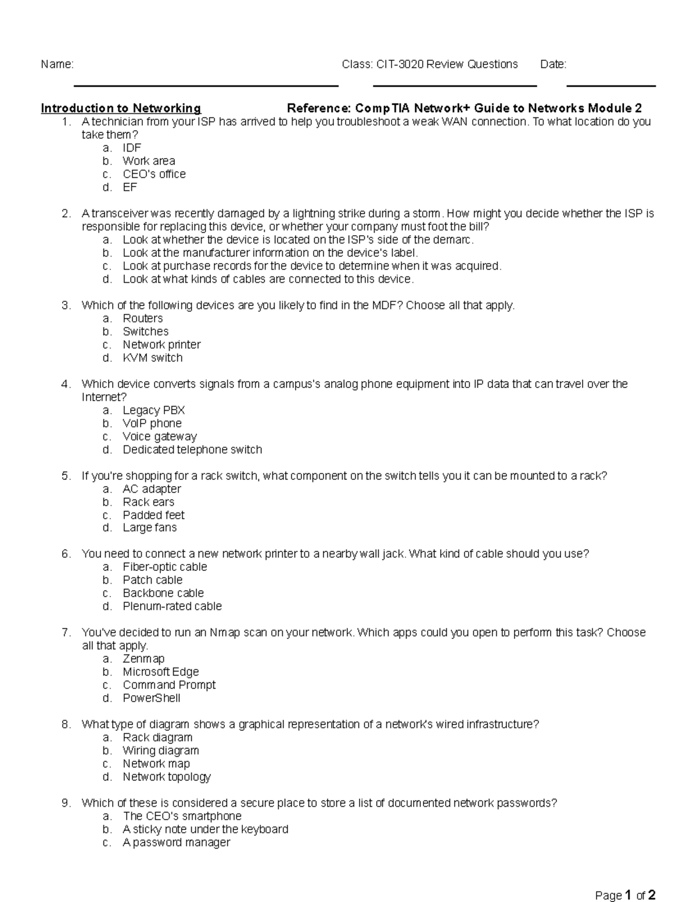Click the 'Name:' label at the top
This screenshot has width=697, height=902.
[57, 64]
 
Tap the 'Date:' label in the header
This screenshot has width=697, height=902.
[553, 64]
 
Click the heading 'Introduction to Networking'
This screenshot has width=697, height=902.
[121, 108]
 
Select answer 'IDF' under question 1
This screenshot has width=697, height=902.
[132, 148]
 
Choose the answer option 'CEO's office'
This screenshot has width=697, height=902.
[154, 174]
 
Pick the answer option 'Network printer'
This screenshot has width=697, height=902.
[161, 344]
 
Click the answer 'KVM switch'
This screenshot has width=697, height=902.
[152, 358]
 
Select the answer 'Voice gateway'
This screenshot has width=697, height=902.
[160, 436]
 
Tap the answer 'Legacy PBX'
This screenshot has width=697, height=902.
[153, 410]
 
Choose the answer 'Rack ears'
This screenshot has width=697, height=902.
[148, 502]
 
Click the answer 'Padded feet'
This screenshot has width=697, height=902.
[153, 515]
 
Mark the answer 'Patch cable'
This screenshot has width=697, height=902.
[152, 580]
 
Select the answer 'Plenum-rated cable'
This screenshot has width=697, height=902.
[172, 606]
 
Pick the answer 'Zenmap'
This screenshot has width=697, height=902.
[143, 659]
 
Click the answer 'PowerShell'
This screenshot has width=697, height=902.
[151, 698]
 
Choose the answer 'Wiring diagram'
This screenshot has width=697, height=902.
[160, 750]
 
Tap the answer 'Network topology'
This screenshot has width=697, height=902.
[167, 777]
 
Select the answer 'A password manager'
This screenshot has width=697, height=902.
[177, 842]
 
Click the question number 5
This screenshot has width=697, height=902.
[66, 476]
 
